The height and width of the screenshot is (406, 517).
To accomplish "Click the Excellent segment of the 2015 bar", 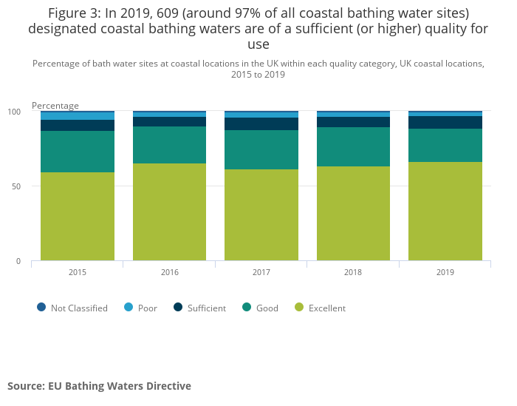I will click(x=78, y=216).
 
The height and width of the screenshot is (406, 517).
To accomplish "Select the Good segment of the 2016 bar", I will click(x=169, y=145).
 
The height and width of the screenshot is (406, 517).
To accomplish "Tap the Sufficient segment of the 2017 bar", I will click(x=261, y=124).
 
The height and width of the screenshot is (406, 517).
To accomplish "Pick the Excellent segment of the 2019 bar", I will click(x=445, y=211).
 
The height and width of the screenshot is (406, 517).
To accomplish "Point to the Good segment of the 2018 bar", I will click(x=353, y=146).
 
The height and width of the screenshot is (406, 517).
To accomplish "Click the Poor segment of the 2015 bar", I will click(x=78, y=116).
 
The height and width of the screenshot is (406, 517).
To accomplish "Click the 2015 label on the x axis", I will click(x=78, y=272).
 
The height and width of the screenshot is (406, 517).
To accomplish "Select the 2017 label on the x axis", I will click(x=261, y=272).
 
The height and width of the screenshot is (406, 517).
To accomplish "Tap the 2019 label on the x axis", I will click(x=445, y=272).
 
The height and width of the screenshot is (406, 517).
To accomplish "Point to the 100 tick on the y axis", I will click(x=15, y=112).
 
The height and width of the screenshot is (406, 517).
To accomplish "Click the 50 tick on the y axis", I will click(x=16, y=186).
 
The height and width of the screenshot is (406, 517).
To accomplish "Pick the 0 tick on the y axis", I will click(x=18, y=261).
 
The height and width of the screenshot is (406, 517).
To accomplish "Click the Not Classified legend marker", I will click(x=41, y=307).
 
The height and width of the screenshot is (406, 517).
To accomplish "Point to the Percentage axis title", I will click(x=55, y=106).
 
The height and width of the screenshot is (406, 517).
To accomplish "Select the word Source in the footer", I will click(x=26, y=386).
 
